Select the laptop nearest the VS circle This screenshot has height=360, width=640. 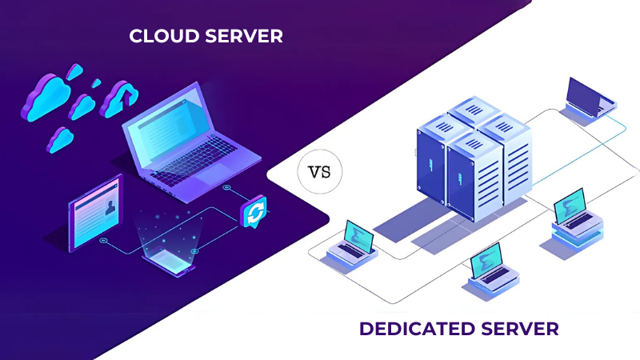pos(352,240)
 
